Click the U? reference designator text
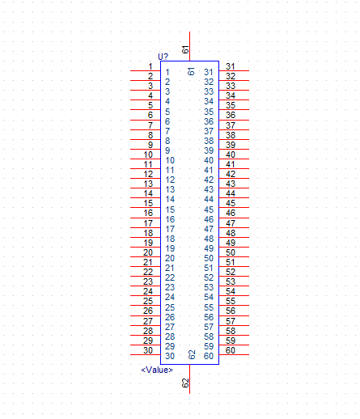pyautogui.click(x=163, y=57)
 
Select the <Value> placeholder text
pyautogui.click(x=157, y=370)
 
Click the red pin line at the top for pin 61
pyautogui.click(x=190, y=46)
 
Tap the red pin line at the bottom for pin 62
pyautogui.click(x=190, y=379)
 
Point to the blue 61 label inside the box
pyautogui.click(x=191, y=71)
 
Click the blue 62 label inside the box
pyautogui.click(x=192, y=355)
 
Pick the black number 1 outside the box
pyautogui.click(x=150, y=66)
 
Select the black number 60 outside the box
pyautogui.click(x=231, y=350)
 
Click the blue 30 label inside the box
pyautogui.click(x=170, y=356)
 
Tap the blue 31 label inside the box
pyautogui.click(x=209, y=72)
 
